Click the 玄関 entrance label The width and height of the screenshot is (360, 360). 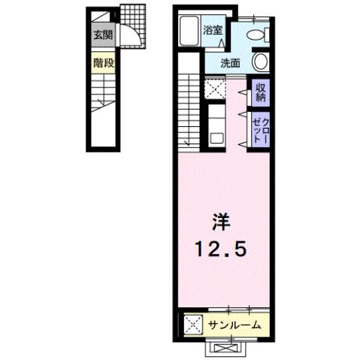coord(102,35)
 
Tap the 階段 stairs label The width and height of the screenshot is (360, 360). coord(104,63)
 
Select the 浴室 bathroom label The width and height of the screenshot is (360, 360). coord(213,31)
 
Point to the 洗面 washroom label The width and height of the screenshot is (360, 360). coord(231,63)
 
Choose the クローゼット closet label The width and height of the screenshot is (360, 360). coord(260,127)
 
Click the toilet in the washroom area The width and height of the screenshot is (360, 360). coord(256,35)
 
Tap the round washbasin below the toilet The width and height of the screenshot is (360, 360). coord(261,62)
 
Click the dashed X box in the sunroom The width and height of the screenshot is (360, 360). coord(192,325)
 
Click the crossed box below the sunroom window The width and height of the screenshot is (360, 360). coord(226,348)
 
